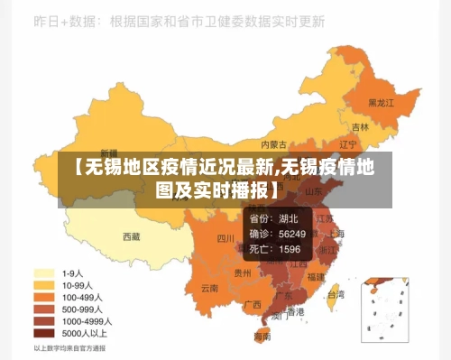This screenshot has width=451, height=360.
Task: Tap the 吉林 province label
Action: coord(360,127)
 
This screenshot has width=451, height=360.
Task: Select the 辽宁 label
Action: coord(348,143)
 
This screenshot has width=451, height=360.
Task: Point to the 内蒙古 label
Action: coord(274,143)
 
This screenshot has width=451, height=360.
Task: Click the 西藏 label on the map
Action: coord(132,237)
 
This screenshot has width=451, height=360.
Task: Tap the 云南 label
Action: coord(210,289)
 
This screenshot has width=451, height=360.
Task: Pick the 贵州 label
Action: coord(243,272)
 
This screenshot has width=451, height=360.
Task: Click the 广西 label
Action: coord(253,304)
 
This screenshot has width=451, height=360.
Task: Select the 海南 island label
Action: coord(262,336)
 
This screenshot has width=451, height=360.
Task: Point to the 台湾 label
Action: coord(335,294)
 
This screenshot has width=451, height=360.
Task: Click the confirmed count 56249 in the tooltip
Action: coord(291,234)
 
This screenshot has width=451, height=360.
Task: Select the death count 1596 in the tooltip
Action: coord(290,248)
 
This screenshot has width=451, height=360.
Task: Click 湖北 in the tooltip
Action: coord(289,218)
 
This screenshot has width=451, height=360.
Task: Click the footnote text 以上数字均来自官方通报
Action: coord(69,347)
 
